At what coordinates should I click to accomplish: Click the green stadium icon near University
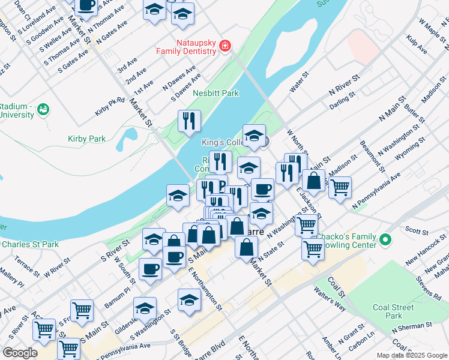tap(43, 109)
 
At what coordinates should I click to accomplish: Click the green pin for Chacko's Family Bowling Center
tap(387, 240)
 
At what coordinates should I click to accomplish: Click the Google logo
tap(20, 353)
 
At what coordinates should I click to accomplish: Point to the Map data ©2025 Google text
tap(412, 355)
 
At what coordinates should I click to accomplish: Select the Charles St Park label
tap(30, 244)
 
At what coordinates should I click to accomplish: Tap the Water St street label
tap(298, 83)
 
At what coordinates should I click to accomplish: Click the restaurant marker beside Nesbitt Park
tap(189, 121)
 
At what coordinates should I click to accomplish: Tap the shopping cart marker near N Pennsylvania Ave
tap(340, 187)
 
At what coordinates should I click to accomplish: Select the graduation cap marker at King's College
tap(254, 135)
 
